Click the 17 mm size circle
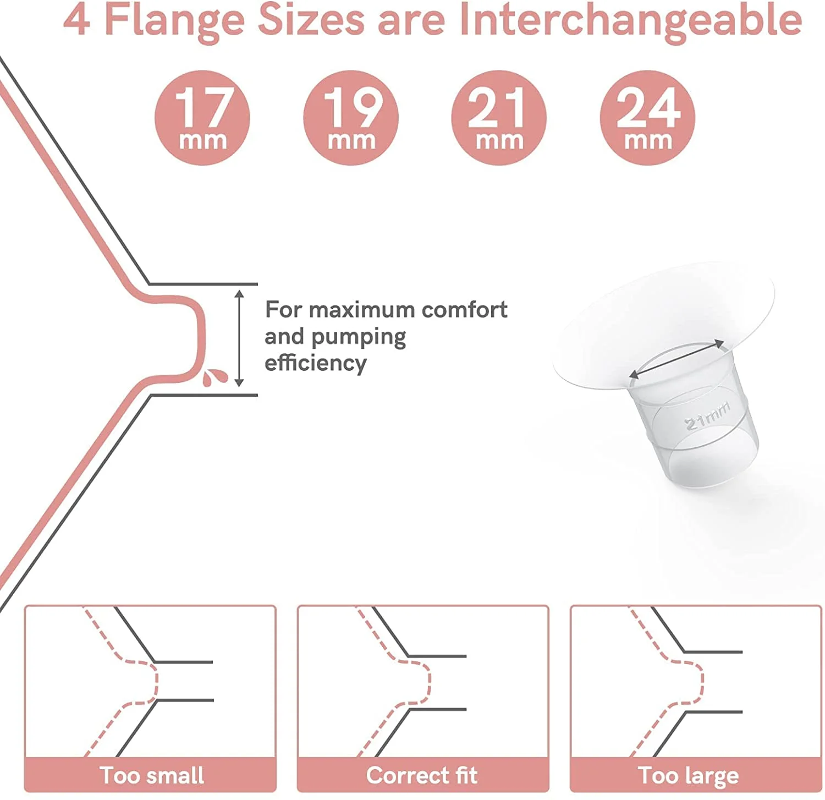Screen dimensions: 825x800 pos(202,118)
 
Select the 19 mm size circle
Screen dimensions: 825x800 pos(351,118)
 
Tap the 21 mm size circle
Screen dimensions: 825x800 pos(499,118)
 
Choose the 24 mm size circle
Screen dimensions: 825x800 pos(647,118)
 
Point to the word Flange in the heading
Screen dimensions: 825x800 pos(174,21)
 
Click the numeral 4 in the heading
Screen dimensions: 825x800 pos(77,20)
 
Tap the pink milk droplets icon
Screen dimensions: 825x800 pos(215,377)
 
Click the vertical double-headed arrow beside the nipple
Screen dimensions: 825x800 pos(239,338)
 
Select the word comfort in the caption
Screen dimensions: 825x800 pos(464,310)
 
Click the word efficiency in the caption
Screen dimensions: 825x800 pos(316,363)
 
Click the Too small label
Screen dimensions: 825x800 pos(152,775)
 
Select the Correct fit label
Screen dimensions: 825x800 pos(422,775)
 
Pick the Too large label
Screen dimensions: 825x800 pos(688,776)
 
